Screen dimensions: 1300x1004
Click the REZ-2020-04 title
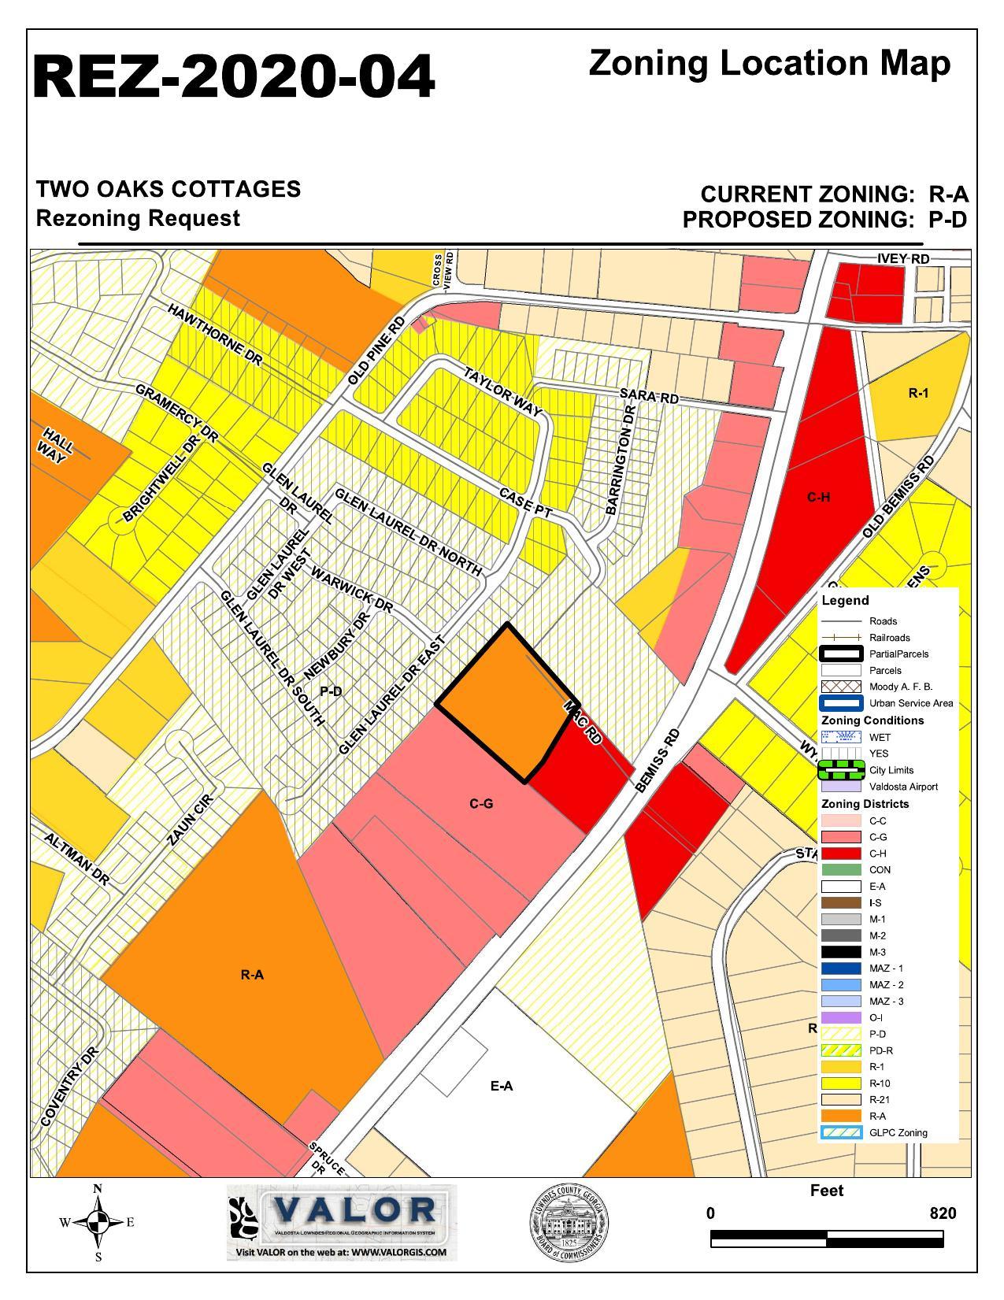point(234,77)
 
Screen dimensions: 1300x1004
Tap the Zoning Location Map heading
point(769,63)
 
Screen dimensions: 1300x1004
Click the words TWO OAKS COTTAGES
point(169,190)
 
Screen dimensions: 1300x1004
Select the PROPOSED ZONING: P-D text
point(824,220)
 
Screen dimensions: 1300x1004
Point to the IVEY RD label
point(902,259)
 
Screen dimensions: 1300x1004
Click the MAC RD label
point(583,723)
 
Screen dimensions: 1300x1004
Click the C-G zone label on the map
point(481,804)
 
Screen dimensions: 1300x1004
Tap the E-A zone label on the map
point(502,1086)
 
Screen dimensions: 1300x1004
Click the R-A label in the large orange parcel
point(252,975)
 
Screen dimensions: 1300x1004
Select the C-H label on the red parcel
point(818,497)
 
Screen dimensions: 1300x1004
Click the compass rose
point(98,1222)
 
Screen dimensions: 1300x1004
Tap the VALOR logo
point(342,1221)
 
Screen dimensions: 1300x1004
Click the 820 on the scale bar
point(943,1213)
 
